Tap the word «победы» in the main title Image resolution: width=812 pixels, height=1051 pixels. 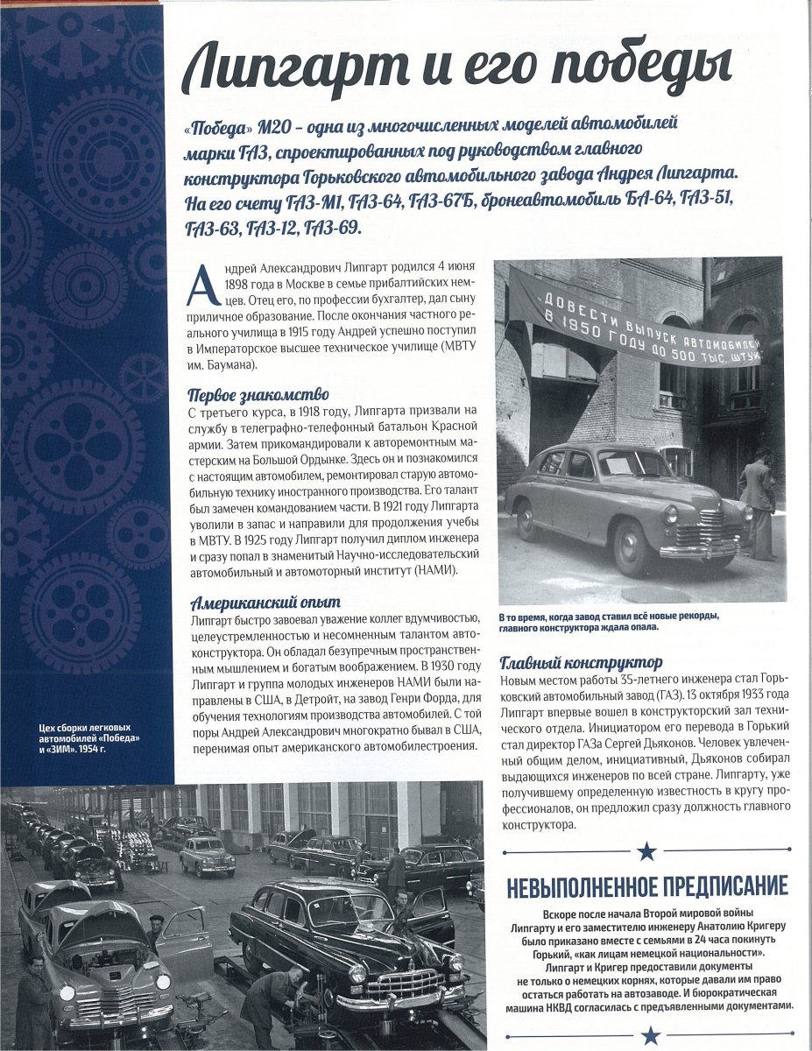coord(630,69)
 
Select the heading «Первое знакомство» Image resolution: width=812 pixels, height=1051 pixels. coord(258,394)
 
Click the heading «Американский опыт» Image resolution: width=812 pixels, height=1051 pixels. coord(265,603)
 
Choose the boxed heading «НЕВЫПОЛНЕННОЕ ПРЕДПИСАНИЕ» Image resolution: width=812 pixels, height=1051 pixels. coord(647,886)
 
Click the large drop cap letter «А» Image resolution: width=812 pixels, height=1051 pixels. coord(201,285)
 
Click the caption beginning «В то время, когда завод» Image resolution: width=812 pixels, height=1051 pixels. coord(609,621)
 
